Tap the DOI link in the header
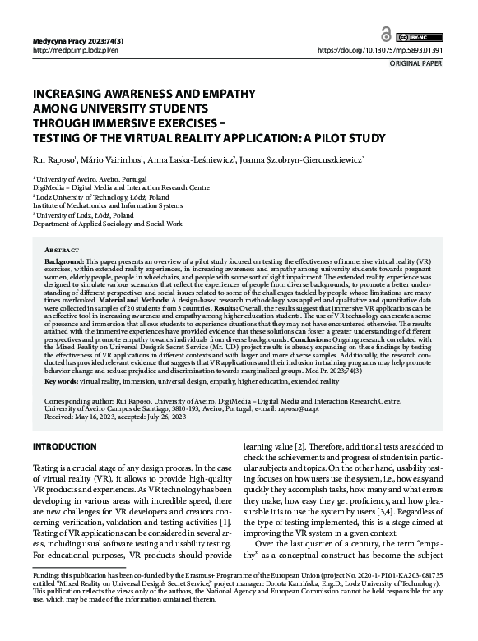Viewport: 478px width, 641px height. click(391, 51)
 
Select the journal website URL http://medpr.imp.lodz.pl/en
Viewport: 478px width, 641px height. click(75, 51)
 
